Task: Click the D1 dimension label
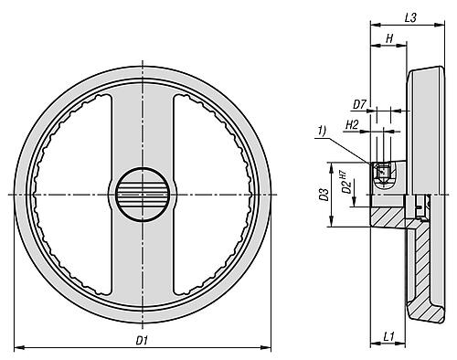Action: (142, 340)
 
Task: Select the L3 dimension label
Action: (410, 18)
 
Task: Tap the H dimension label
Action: (389, 38)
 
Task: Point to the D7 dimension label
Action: (359, 105)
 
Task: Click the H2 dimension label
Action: (352, 125)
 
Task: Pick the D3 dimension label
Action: (324, 195)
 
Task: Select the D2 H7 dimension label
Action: (345, 183)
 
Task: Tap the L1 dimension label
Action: (389, 336)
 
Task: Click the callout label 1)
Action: (322, 131)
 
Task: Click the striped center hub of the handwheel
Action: (143, 195)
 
